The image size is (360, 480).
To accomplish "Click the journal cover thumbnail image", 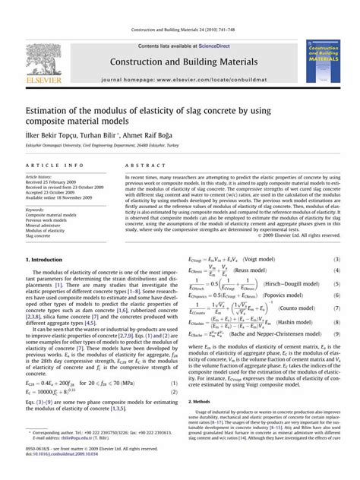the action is (322, 62).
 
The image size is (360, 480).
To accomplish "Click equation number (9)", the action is (337, 334).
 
